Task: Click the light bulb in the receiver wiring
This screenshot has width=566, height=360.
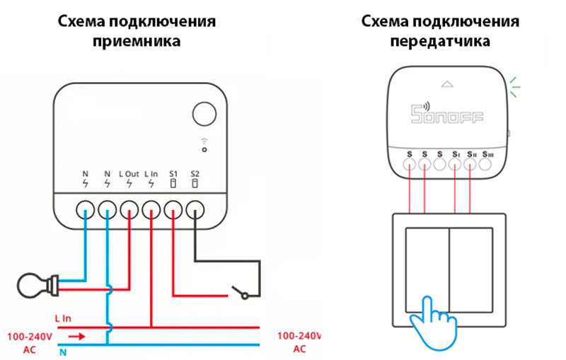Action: coord(32,284)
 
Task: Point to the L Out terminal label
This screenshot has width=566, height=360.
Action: coord(129,173)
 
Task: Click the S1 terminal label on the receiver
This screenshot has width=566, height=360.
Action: coord(173,173)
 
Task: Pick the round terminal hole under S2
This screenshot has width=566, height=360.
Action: coord(195,209)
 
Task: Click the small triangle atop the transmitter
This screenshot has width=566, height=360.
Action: coord(446,83)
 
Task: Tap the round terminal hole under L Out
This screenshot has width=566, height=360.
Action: coord(129,209)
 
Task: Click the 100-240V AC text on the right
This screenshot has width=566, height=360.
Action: coord(299,342)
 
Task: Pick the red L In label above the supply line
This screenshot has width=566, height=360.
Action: coord(62,318)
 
